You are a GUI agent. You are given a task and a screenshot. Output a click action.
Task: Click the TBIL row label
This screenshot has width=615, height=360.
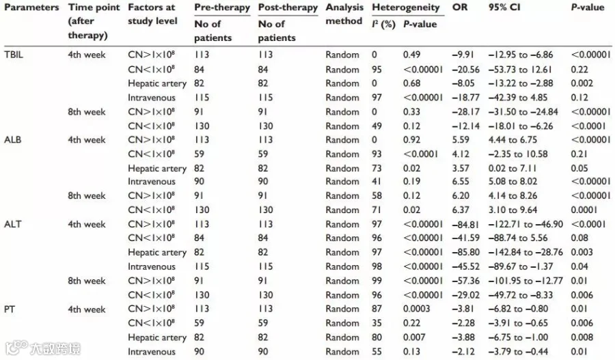click(x=14, y=55)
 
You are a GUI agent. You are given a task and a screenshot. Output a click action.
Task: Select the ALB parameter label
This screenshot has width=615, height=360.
click(x=12, y=139)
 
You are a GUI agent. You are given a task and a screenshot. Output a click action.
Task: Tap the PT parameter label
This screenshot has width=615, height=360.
click(x=10, y=309)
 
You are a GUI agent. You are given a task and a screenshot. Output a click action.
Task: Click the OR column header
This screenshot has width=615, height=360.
click(x=460, y=7)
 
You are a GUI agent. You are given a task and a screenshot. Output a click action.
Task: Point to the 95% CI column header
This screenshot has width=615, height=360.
click(x=504, y=7)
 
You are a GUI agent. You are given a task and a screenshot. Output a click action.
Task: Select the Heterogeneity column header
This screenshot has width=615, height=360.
click(x=405, y=7)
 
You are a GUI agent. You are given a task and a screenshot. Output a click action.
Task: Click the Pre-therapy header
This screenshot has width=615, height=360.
click(x=222, y=8)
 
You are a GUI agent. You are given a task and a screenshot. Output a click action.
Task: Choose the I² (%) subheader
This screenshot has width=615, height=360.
click(x=383, y=24)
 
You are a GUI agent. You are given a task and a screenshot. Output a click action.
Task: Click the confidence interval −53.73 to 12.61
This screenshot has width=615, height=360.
click(x=520, y=70)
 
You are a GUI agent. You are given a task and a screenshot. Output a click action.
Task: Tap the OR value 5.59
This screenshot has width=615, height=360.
click(x=461, y=139)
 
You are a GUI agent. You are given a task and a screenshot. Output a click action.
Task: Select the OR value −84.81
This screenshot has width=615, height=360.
click(x=465, y=224)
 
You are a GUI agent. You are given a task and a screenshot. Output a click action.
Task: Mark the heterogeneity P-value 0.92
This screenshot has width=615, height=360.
click(x=411, y=139)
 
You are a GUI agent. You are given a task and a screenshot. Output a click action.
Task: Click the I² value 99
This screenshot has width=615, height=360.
click(x=377, y=281)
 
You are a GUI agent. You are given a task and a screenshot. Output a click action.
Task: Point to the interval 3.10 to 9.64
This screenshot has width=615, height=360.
click(x=512, y=210)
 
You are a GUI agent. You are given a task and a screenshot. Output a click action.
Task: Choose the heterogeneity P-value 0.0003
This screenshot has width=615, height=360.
click(x=417, y=309)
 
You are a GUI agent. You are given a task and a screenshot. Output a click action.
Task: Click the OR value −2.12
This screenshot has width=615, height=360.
click(x=463, y=351)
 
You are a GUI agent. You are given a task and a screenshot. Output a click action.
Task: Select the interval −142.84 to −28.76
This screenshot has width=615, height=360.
click(x=525, y=252)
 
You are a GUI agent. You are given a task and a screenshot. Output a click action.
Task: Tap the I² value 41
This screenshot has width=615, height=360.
click(x=377, y=181)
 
